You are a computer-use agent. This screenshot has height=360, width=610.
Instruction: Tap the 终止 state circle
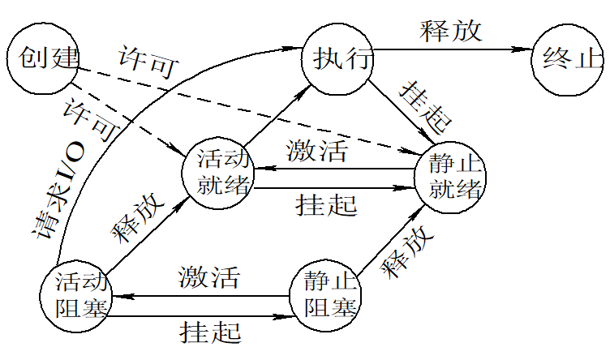click(x=568, y=58)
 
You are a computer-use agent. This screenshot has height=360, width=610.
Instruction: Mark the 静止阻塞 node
click(x=327, y=294)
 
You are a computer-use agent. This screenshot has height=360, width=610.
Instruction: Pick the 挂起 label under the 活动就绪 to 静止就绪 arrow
click(x=326, y=204)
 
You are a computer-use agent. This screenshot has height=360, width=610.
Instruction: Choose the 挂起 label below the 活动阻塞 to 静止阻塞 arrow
click(x=211, y=331)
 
